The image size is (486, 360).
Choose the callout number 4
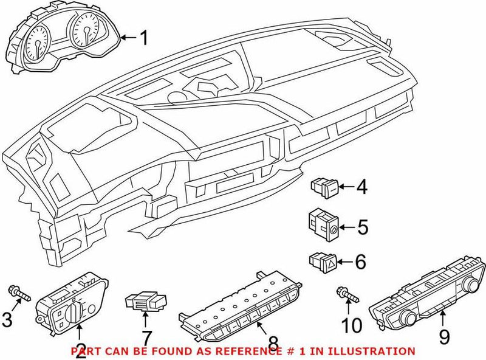point(361,187)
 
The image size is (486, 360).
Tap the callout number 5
point(362,228)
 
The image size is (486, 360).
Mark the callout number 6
point(361,263)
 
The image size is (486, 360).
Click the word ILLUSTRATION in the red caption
point(371,351)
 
